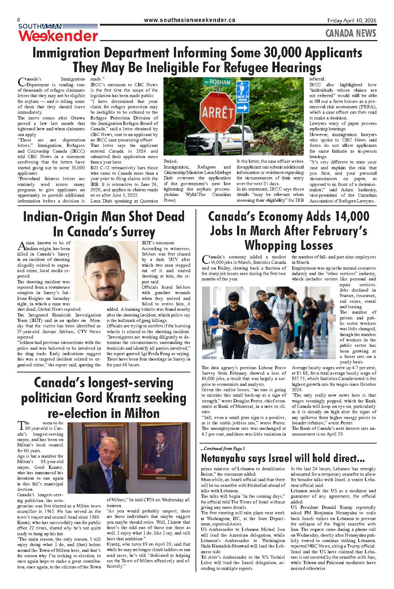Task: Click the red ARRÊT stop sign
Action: (217, 112)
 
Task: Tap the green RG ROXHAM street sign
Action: (217, 82)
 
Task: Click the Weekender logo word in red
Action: (58, 36)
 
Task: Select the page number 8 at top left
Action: (19, 19)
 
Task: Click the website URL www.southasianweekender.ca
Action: (189, 20)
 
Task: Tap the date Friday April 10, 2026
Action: (351, 21)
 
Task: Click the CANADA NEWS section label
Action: (350, 34)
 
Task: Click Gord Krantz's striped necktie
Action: (109, 480)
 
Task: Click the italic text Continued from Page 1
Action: (223, 449)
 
